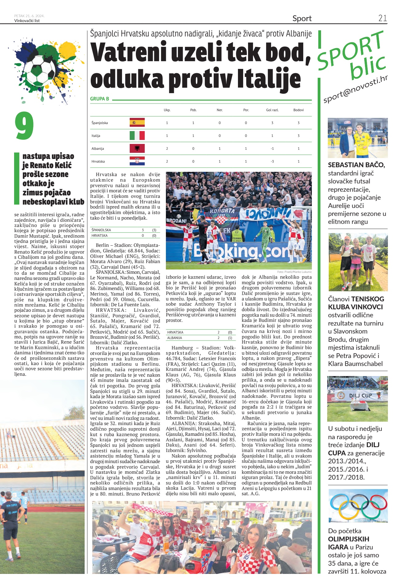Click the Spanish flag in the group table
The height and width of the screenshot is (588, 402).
click(137, 123)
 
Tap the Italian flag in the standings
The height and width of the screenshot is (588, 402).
click(137, 135)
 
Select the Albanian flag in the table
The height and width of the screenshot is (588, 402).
click(137, 148)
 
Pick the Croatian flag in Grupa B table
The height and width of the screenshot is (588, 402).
click(137, 161)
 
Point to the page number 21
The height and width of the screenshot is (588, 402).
click(382, 18)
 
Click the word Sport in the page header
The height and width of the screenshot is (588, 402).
click(302, 19)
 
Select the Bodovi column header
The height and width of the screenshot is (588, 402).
click(298, 110)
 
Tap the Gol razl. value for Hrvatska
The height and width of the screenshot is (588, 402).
click(272, 161)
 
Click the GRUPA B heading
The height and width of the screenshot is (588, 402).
click(100, 99)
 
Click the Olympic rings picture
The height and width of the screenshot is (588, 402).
click(358, 506)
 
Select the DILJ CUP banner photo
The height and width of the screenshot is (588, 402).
click(358, 399)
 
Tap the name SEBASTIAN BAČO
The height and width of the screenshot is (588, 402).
click(356, 165)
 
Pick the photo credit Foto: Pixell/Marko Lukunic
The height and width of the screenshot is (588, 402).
click(294, 272)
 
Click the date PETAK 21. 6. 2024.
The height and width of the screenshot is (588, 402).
click(29, 16)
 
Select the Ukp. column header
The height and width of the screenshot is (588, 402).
click(167, 110)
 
